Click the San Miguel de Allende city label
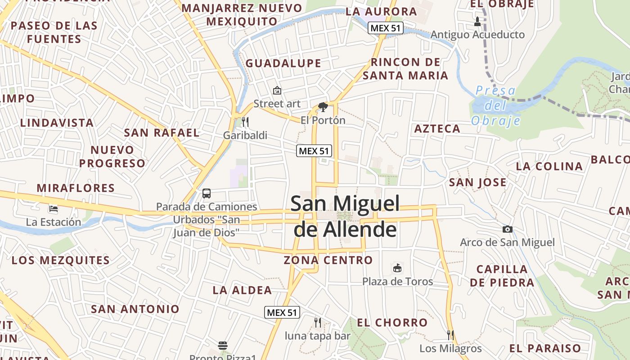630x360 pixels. point(345,216)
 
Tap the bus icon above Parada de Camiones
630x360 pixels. point(207,193)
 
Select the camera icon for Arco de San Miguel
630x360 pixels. point(507,229)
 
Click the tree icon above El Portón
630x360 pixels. point(323,107)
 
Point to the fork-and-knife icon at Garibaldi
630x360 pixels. point(245,122)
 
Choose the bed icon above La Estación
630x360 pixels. point(54,209)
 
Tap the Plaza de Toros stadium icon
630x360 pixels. point(397,268)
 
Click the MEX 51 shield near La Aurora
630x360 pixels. point(385,28)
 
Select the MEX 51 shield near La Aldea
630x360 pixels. point(282,312)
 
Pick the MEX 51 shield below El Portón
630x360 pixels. point(314,151)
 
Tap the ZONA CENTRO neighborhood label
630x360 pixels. point(328,260)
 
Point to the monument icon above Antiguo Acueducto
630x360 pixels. point(477,21)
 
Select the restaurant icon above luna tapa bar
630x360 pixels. point(318,322)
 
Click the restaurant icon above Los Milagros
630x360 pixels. point(450,335)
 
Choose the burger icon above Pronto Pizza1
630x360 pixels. point(223,346)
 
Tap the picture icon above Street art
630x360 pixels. point(277,90)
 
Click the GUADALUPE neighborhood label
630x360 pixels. point(283,63)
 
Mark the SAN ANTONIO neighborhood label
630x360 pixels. point(135,309)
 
